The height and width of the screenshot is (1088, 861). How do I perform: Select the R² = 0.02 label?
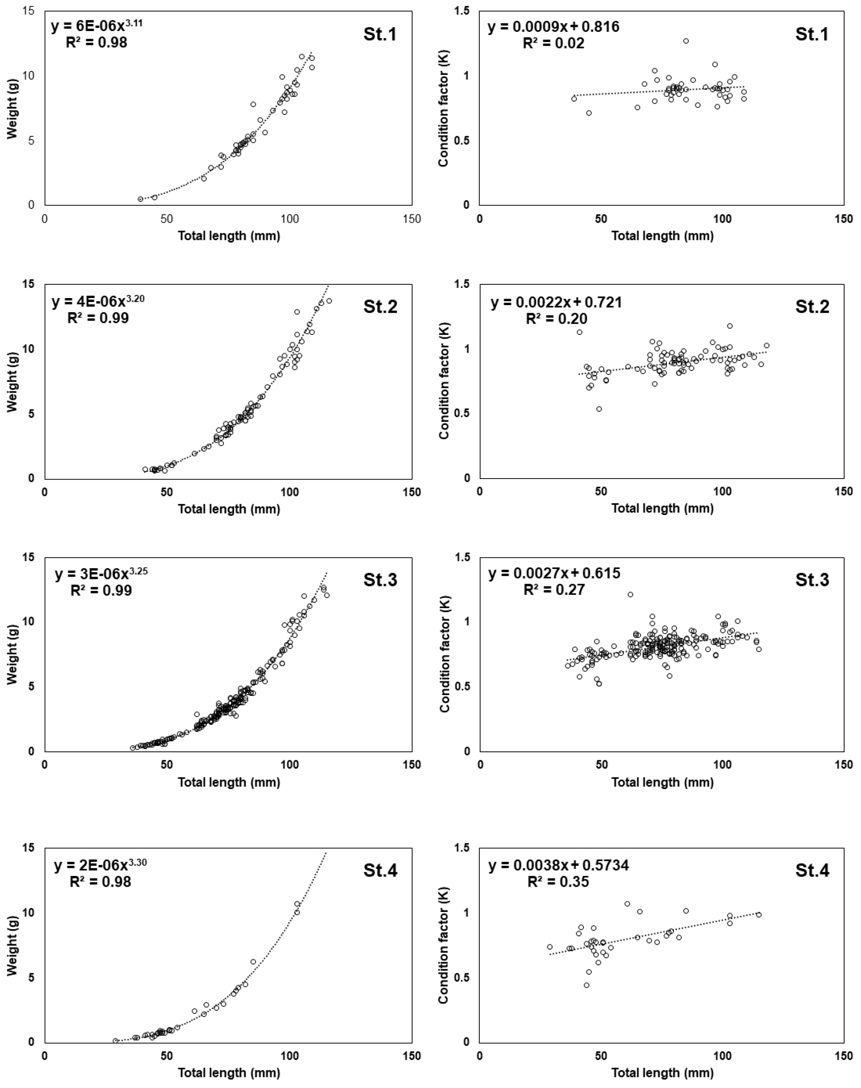tap(553, 43)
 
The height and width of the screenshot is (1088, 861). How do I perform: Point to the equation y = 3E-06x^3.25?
tap(101, 574)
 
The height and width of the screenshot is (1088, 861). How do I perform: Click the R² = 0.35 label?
tap(558, 882)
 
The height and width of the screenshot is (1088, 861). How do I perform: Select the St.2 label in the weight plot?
tap(380, 306)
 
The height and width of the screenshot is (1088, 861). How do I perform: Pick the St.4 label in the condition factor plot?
tap(812, 870)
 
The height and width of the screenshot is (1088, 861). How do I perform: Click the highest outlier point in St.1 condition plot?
tap(685, 41)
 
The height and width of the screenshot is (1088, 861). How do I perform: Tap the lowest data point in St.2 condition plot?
tap(599, 409)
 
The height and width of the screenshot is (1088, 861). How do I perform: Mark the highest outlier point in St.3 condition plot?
tap(630, 594)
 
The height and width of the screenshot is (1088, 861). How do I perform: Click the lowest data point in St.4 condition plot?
tap(586, 985)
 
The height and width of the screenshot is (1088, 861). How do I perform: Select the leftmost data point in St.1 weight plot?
tap(140, 199)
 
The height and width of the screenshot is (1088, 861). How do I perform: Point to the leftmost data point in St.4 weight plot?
tap(115, 1041)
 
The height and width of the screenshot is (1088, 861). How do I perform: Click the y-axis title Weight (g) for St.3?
tap(12, 654)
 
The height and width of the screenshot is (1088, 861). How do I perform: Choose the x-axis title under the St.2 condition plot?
tap(662, 508)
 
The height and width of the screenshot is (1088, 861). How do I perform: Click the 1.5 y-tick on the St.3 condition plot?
tap(463, 557)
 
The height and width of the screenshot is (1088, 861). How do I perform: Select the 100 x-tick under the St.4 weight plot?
tap(290, 1056)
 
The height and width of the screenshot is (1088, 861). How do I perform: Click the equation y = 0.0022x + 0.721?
tap(556, 302)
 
